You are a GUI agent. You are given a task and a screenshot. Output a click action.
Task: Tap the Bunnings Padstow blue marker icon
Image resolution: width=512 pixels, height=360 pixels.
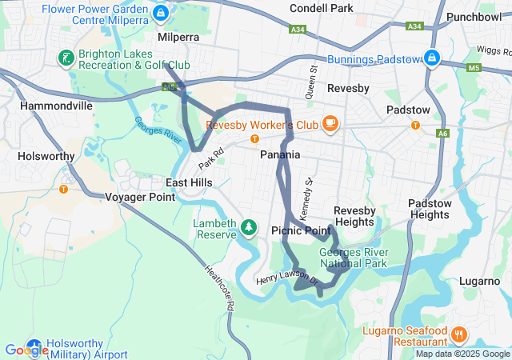point(431,58)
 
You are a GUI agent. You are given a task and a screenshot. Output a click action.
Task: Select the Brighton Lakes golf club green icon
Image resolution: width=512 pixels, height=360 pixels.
point(65,58)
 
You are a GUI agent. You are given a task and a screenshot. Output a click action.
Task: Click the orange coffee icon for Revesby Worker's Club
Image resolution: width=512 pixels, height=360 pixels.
point(330,123)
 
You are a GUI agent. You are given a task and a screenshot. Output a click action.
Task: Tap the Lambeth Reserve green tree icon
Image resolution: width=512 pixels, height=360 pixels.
point(250,228)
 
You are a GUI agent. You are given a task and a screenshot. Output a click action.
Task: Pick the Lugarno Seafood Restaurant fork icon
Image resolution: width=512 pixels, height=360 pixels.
point(458,331)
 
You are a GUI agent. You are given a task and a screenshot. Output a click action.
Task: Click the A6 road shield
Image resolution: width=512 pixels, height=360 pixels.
point(442,134)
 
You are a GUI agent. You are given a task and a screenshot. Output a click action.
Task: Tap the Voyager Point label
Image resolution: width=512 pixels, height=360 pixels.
point(140,197)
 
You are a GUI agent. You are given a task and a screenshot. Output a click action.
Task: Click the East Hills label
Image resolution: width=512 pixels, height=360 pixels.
point(189,182)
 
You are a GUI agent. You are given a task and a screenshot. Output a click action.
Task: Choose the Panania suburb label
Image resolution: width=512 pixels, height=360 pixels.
point(280,154)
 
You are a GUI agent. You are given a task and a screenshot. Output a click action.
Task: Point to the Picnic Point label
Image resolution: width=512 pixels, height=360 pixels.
point(301,230)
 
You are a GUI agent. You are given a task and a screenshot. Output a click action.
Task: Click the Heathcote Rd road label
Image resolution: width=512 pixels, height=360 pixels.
point(218,287)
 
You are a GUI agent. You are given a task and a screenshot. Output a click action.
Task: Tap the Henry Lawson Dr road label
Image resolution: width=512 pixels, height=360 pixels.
point(287,281)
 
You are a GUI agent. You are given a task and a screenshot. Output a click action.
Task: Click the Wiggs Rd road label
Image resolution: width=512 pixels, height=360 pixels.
point(493,50)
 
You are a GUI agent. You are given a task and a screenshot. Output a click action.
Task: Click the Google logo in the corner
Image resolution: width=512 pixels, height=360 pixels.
point(26,350)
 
